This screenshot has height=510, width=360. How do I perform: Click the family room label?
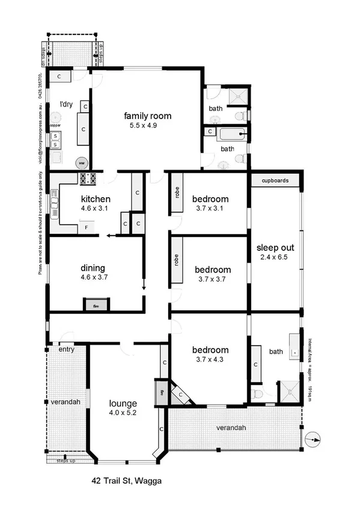pos(148,116)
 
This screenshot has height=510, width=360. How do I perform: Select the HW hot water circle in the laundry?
pos(81,163)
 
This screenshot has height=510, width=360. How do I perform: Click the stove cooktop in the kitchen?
pos(88,179)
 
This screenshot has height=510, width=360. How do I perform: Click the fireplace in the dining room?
pos(96,305)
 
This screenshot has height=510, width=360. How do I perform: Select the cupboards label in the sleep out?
pos(275,180)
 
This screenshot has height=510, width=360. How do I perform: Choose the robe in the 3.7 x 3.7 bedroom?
pos(177,260)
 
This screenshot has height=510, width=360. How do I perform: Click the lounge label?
pos(124,403)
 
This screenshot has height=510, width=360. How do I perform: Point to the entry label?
pos(66,349)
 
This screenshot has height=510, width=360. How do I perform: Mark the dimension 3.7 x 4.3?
pos(210,360)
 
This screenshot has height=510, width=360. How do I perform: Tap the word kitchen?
pos(96,199)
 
